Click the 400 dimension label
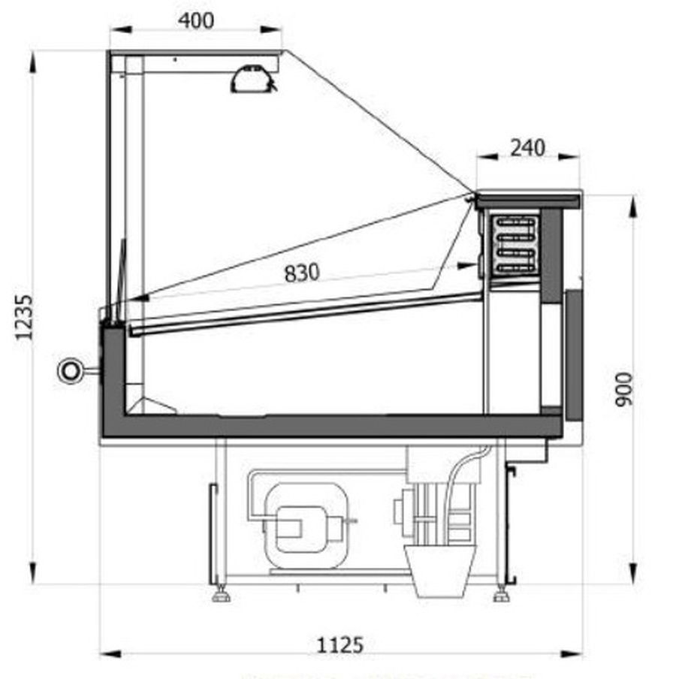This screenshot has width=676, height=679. tap(196, 20)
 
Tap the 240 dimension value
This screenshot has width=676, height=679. tap(527, 148)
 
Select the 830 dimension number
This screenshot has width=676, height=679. tap(302, 273)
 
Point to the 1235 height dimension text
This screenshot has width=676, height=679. tap(24, 318)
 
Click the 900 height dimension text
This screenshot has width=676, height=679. tap(624, 389)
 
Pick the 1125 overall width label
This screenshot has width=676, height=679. tap(340, 645)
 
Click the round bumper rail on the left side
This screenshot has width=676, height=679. tap(70, 371)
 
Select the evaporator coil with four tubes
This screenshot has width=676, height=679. tap(515, 245)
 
